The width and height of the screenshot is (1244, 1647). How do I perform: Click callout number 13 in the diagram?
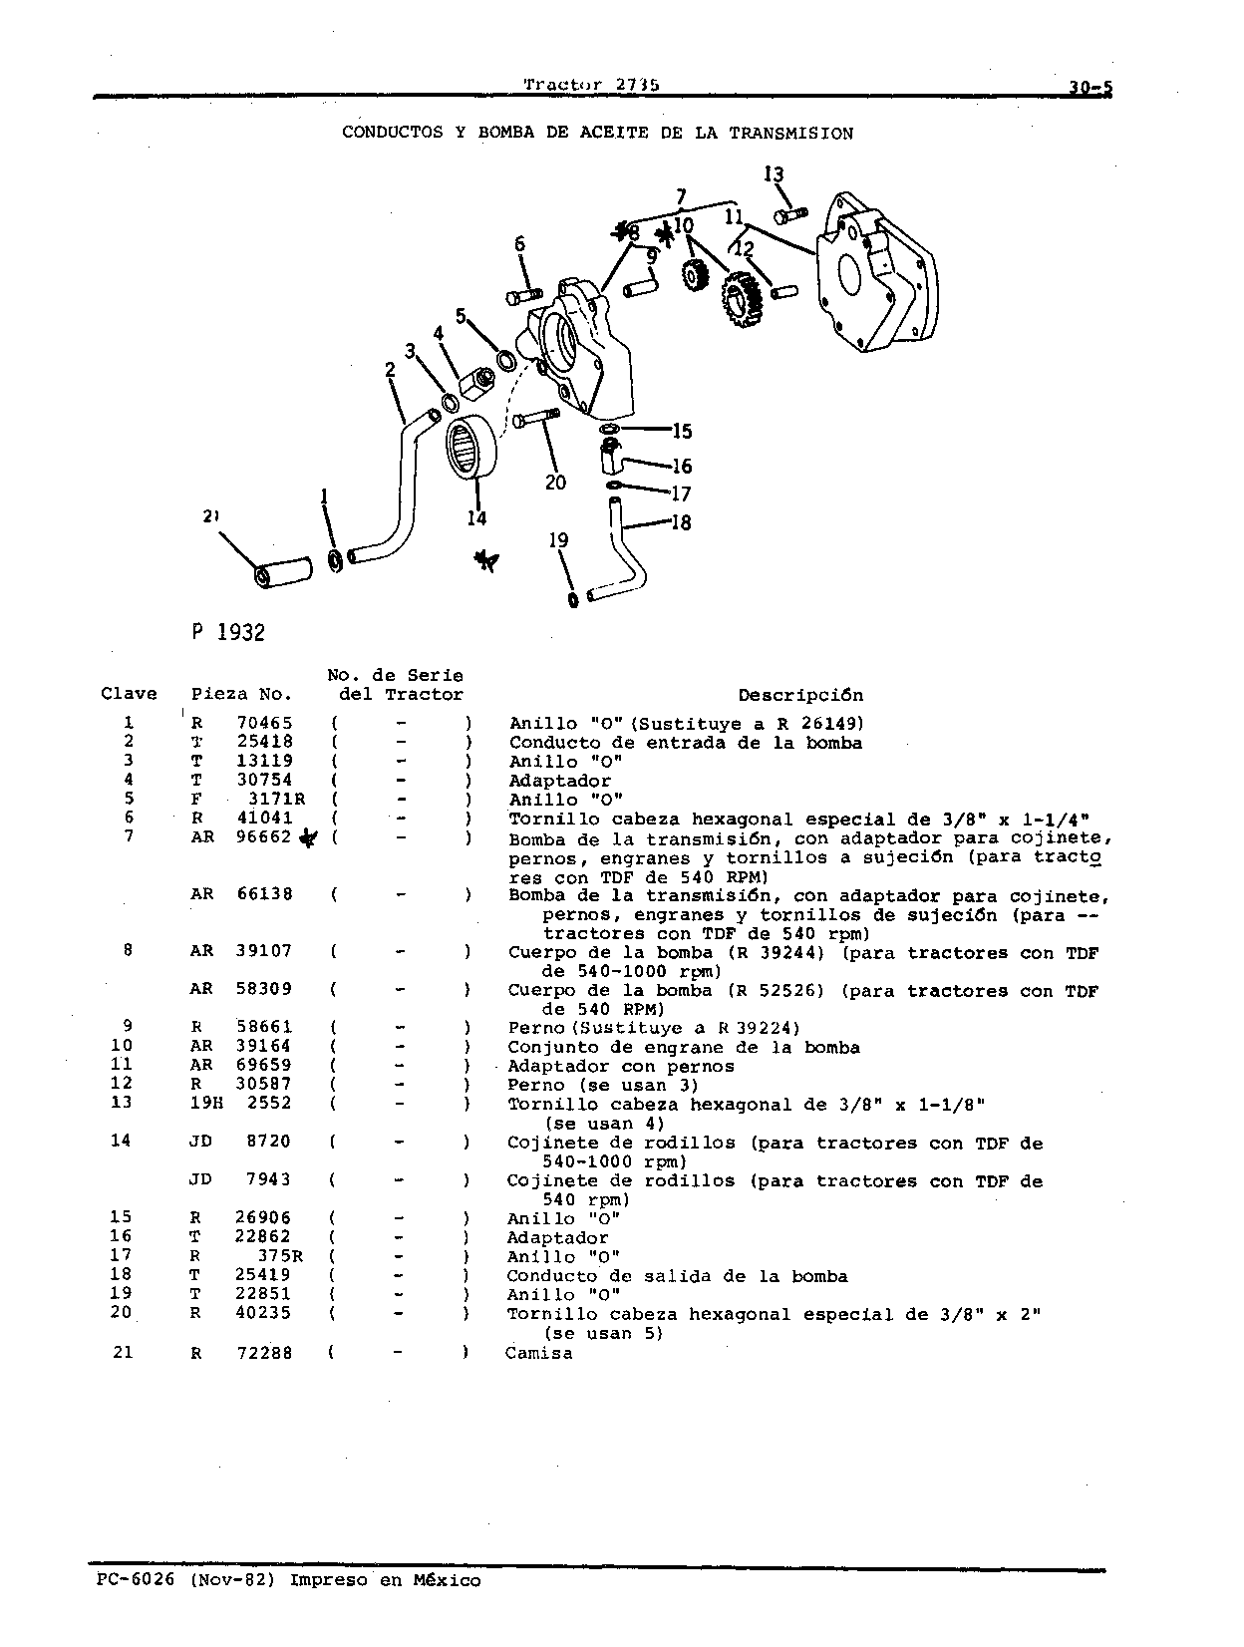pyautogui.click(x=774, y=174)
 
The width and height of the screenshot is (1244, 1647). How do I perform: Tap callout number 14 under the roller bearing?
pyautogui.click(x=476, y=517)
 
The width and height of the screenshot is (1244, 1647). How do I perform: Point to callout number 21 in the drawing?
pyautogui.click(x=210, y=515)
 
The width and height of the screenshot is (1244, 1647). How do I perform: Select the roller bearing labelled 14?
pyautogui.click(x=471, y=446)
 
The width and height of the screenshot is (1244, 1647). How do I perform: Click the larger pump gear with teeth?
pyautogui.click(x=743, y=299)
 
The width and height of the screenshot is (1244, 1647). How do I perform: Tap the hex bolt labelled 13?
pyautogui.click(x=790, y=215)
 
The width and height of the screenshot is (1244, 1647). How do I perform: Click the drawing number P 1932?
pyautogui.click(x=228, y=632)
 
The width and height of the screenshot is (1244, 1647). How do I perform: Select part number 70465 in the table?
pyautogui.click(x=265, y=724)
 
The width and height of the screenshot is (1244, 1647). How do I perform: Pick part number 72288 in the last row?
pyautogui.click(x=264, y=1354)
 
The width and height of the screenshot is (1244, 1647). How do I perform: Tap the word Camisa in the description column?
pyautogui.click(x=539, y=1354)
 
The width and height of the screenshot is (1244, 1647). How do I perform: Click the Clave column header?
pyautogui.click(x=129, y=694)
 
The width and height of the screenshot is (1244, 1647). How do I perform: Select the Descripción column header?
pyautogui.click(x=800, y=696)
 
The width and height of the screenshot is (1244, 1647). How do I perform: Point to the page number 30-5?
pyautogui.click(x=1091, y=88)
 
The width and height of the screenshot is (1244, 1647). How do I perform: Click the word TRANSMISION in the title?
pyautogui.click(x=791, y=134)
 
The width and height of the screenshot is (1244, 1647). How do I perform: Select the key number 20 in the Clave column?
pyautogui.click(x=122, y=1312)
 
